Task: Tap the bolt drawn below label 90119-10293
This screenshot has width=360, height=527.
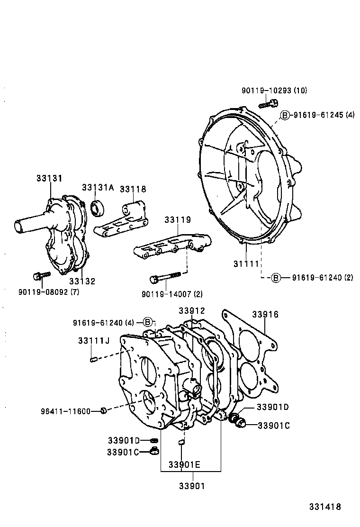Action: pyautogui.click(x=268, y=103)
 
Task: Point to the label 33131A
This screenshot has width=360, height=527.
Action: pyautogui.click(x=98, y=187)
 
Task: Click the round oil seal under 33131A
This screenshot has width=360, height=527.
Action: pyautogui.click(x=97, y=208)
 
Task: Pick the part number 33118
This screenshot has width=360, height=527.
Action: pyautogui.click(x=133, y=189)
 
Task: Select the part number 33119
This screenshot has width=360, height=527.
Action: pyautogui.click(x=178, y=220)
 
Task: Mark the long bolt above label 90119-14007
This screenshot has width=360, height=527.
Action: pyautogui.click(x=165, y=277)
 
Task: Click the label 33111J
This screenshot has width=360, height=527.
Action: pyautogui.click(x=94, y=341)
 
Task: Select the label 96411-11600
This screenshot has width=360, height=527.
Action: pyautogui.click(x=65, y=411)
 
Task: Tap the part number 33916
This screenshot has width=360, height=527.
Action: pyautogui.click(x=265, y=314)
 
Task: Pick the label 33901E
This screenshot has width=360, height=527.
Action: pyautogui.click(x=184, y=464)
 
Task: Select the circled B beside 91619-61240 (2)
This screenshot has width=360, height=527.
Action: pyautogui.click(x=276, y=278)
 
